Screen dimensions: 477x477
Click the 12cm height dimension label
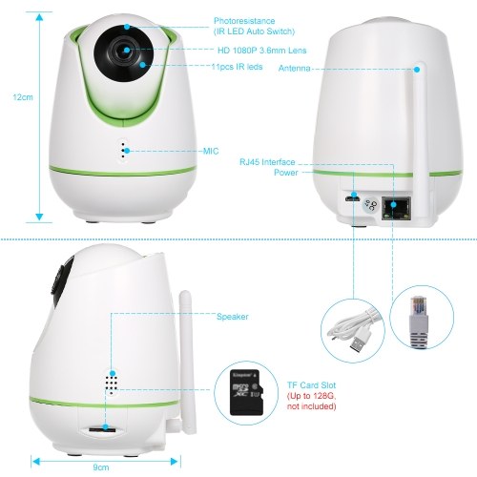pos(23,97)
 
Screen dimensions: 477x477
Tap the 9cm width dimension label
pos(101,467)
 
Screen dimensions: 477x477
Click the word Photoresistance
pos(244,21)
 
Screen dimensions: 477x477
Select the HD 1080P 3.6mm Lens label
pos(262,51)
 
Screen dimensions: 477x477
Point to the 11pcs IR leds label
pos(237,67)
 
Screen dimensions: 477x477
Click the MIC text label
pos(211,151)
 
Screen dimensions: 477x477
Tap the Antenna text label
pos(295,69)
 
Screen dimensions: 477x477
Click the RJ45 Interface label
pos(267,162)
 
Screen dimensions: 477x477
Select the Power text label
pos(286,173)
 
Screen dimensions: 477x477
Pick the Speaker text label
pos(233,317)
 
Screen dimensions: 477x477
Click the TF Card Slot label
pos(312,385)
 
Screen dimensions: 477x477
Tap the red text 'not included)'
pos(312,406)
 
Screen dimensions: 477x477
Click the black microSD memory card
pos(247,392)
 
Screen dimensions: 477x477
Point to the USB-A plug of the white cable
pos(361,340)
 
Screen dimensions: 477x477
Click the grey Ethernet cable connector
pos(419,321)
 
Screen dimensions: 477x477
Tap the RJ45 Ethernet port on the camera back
pos(396,208)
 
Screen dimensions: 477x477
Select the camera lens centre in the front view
pos(126,51)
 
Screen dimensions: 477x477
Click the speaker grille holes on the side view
pos(111,384)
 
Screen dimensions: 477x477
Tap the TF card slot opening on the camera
pos(102,429)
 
